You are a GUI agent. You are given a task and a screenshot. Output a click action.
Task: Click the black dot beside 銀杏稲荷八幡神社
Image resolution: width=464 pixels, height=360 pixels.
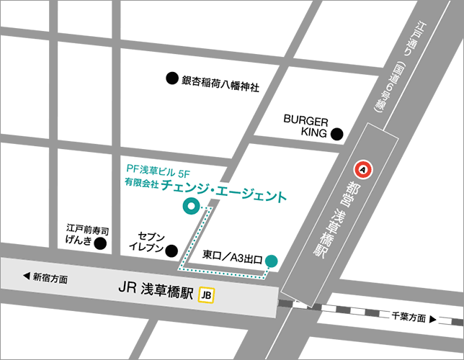click(171, 78)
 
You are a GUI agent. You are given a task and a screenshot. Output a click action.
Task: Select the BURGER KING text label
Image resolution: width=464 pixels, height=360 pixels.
click(305, 126)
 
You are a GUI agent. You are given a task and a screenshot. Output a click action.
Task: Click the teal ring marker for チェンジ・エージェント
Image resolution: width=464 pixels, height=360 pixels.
click(190, 207)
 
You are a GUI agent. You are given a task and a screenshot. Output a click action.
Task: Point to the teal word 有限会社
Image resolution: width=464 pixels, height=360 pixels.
click(140, 185)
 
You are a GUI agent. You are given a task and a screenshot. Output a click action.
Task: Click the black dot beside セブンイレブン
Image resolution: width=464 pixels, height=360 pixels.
click(171, 251)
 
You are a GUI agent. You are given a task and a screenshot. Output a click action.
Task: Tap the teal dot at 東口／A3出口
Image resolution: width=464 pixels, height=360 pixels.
click(271, 260)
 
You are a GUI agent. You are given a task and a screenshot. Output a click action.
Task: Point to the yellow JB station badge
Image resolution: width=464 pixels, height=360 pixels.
click(208, 294)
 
